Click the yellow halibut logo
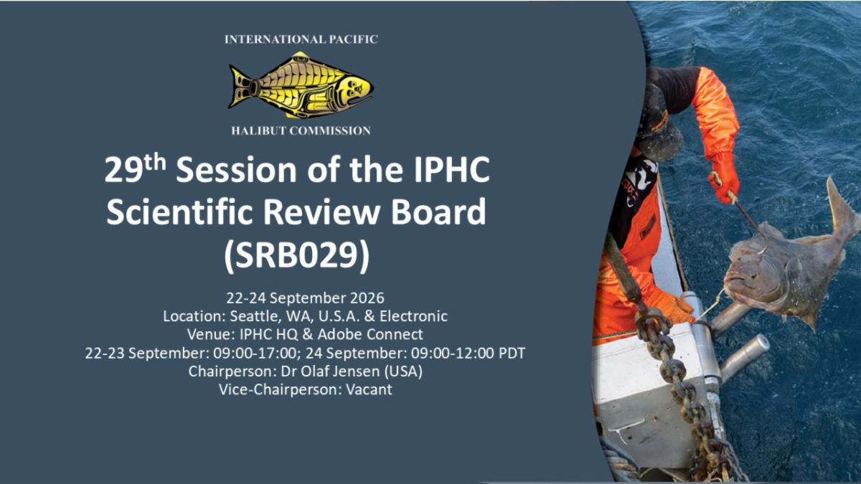pos(301,85)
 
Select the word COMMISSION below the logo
pos(330,131)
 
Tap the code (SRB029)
pos(297,255)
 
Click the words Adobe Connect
pos(370,334)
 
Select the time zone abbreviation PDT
pos(512,353)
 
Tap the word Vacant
pos(369,389)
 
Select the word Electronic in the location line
pos(413,316)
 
